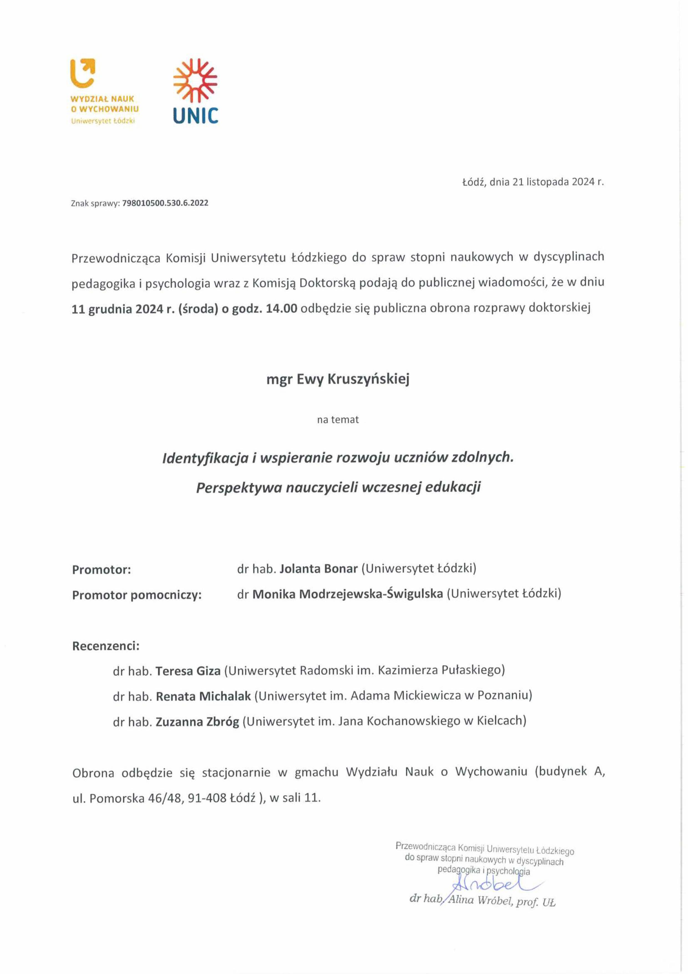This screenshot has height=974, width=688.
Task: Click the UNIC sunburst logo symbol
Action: (195, 80)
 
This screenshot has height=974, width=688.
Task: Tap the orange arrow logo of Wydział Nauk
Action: (82, 72)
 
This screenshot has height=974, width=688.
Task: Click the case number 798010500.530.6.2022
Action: (165, 203)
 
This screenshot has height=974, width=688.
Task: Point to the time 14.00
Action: (282, 308)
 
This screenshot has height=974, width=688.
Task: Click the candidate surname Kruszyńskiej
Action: (368, 379)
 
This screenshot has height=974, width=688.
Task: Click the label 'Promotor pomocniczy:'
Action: (137, 595)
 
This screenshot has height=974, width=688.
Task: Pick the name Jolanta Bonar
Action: (319, 568)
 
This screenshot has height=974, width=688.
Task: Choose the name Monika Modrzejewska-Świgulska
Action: (348, 594)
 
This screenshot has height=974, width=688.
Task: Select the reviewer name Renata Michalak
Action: (203, 696)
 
